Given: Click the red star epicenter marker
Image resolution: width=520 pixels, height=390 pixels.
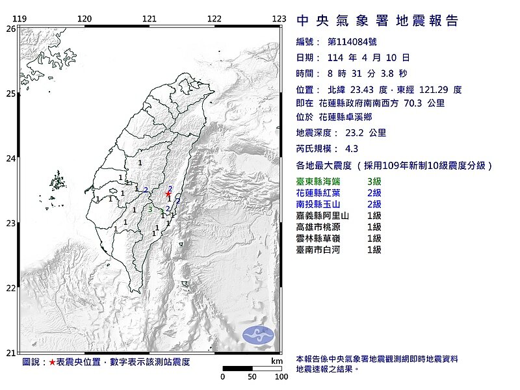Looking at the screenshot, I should point(168,194).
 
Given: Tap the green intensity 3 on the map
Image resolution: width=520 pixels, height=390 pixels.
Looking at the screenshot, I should point(150,209).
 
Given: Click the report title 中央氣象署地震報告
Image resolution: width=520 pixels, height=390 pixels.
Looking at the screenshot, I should point(377,21).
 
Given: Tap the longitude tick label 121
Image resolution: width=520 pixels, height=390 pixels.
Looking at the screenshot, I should point(149,19).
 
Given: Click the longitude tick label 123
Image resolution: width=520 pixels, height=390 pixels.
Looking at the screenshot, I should point(279,19).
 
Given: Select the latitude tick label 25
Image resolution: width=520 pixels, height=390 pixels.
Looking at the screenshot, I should point(11,94).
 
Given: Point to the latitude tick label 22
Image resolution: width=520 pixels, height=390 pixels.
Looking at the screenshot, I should point(11,288).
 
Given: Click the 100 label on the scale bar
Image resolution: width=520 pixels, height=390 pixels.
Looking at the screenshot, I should point(281,376).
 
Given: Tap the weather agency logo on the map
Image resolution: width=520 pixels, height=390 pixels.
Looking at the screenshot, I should point(258,335).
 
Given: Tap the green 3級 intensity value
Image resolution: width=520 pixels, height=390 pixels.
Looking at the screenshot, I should point(374,181).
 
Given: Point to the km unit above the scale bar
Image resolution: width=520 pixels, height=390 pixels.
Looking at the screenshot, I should point(277,361).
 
